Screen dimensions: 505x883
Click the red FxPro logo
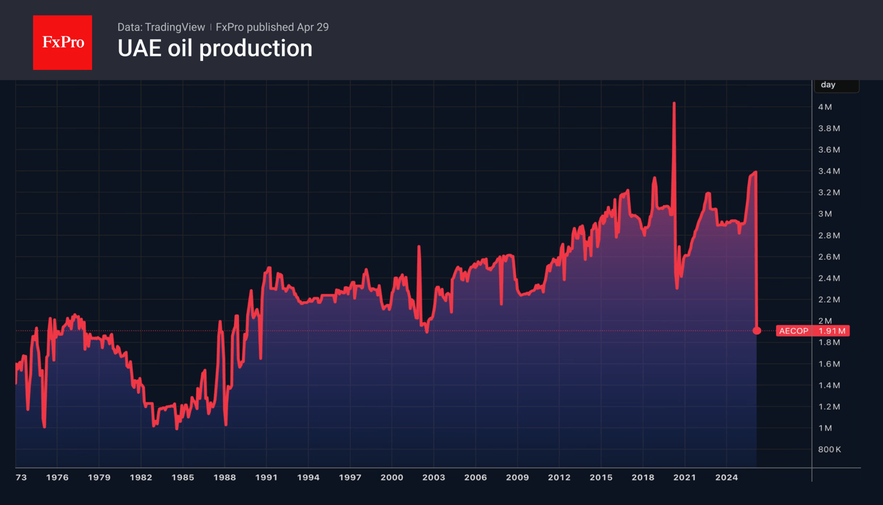62,42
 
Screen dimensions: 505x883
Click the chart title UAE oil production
215,49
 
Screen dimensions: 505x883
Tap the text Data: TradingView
161,27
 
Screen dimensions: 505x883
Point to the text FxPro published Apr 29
272,27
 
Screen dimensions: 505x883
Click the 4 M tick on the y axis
825,107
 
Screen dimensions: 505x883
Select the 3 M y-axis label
825,214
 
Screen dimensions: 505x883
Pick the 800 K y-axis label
829,449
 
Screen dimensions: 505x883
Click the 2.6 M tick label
829,257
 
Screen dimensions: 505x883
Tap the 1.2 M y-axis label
829,407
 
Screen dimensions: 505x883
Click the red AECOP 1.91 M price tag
813,331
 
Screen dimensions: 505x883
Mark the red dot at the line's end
757,331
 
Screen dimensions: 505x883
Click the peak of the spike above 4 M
674,103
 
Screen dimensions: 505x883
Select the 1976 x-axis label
57,477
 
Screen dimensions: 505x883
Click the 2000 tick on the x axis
392,477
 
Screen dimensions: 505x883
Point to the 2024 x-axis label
726,477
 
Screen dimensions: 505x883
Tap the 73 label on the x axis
21,477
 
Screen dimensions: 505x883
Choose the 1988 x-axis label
224,477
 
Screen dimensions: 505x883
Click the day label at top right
828,85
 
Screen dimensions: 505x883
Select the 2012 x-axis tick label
559,477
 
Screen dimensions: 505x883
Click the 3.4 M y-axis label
829,171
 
